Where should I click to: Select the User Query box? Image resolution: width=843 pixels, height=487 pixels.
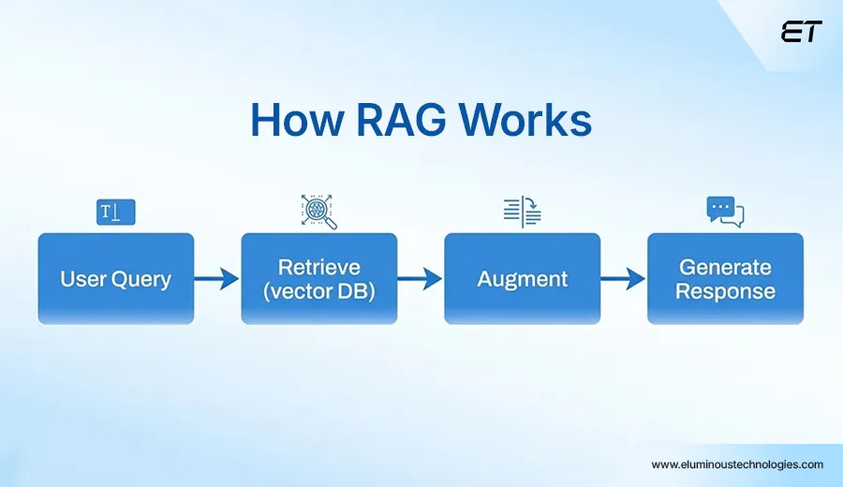coord(115,278)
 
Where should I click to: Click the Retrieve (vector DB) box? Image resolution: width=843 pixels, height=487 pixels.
coord(318,278)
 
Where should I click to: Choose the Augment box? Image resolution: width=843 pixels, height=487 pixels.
coord(522,278)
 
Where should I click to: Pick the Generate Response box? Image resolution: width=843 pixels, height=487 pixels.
coord(725,278)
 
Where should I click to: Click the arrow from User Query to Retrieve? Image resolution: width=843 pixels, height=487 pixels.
coord(217,278)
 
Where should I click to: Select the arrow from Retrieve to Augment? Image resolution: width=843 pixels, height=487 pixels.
coord(420,278)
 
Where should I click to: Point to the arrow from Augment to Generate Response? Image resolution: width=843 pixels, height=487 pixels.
coord(623,278)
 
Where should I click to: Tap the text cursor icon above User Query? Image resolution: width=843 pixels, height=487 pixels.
coord(116,213)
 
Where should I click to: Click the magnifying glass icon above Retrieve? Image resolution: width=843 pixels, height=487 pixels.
coord(318,212)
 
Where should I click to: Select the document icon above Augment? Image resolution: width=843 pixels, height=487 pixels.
coord(522,212)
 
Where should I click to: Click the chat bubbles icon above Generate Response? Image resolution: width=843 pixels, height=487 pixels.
coord(725,212)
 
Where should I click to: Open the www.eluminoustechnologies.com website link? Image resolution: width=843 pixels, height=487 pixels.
coord(737,465)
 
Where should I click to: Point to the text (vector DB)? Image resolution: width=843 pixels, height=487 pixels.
coord(318,291)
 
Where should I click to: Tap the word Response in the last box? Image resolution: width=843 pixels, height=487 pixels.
coord(725,291)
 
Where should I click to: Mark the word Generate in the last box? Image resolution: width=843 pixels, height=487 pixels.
coord(725,267)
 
